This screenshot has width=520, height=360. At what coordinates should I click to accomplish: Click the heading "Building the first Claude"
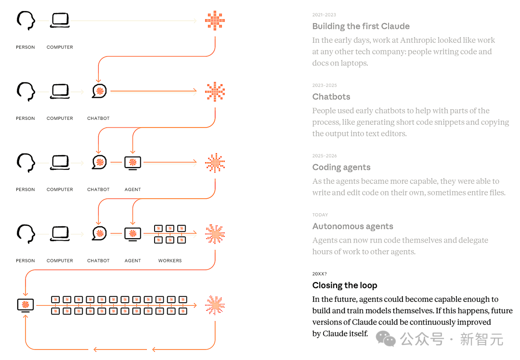pyautogui.click(x=361, y=26)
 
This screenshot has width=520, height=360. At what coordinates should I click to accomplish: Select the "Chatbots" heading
pyautogui.click(x=331, y=97)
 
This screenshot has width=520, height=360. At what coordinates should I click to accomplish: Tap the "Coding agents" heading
pyautogui.click(x=341, y=167)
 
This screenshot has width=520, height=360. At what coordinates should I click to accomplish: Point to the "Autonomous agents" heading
pyautogui.click(x=352, y=226)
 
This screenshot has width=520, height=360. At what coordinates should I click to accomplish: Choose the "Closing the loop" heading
pyautogui.click(x=345, y=285)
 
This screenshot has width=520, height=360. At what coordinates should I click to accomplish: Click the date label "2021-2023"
pyautogui.click(x=324, y=15)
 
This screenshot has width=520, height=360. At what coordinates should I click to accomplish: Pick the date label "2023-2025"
pyautogui.click(x=325, y=86)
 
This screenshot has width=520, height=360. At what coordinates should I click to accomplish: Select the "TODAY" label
pyautogui.click(x=320, y=215)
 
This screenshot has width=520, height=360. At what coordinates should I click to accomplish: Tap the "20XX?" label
pyautogui.click(x=319, y=274)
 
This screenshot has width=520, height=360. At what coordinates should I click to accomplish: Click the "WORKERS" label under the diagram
pyautogui.click(x=170, y=260)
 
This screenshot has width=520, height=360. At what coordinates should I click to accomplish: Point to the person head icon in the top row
pyautogui.click(x=26, y=21)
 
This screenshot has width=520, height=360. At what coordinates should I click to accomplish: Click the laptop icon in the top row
pyautogui.click(x=60, y=20)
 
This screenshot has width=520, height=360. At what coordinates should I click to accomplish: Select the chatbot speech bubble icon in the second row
pyautogui.click(x=99, y=91)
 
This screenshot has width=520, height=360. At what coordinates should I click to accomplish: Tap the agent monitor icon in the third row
pyautogui.click(x=133, y=163)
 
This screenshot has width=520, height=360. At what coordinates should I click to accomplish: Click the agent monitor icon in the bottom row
pyautogui.click(x=26, y=305)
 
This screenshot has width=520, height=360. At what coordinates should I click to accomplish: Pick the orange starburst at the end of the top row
pyautogui.click(x=215, y=21)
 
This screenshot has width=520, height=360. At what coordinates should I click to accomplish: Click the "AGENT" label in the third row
pyautogui.click(x=133, y=190)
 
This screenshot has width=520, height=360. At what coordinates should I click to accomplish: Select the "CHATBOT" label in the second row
pyautogui.click(x=98, y=118)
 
